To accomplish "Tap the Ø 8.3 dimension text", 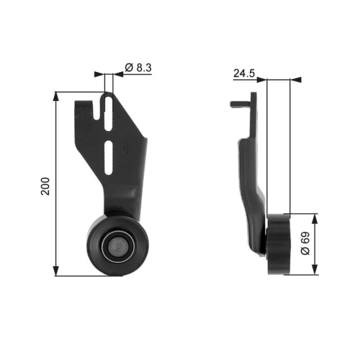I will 137,67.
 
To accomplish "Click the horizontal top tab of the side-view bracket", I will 242,105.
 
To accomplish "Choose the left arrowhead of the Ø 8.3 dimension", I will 100,73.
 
